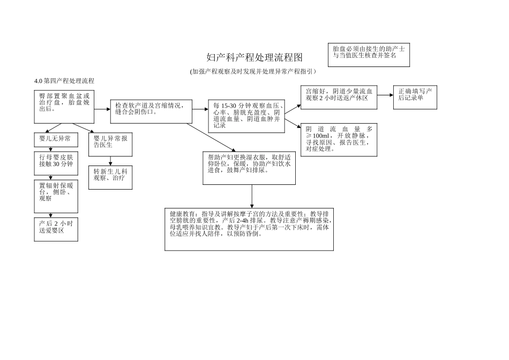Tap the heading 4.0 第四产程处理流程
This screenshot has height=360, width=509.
(x=64, y=81)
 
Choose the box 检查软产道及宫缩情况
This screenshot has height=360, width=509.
(x=151, y=111)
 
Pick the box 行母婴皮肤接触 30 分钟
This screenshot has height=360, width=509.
(x=56, y=163)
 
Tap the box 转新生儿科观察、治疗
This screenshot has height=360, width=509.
(x=110, y=177)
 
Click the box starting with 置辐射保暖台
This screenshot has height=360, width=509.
(x=56, y=196)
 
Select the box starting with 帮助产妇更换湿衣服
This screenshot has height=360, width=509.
(x=249, y=168)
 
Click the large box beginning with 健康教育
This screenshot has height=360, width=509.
(x=249, y=229)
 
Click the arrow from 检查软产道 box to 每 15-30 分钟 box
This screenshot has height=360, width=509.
(x=200, y=109)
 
